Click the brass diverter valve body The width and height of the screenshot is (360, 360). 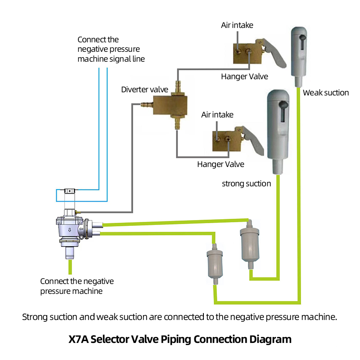[x=170, y=104]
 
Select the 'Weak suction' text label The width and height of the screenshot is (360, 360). [x=326, y=93]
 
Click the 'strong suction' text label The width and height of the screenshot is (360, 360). [x=247, y=183]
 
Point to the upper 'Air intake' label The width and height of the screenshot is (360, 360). [x=238, y=25]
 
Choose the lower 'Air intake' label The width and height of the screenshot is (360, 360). [x=217, y=115]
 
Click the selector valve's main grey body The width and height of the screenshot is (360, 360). [x=71, y=227]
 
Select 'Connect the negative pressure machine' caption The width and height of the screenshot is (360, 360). [x=77, y=286]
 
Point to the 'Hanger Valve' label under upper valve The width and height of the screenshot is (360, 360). [x=244, y=76]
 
